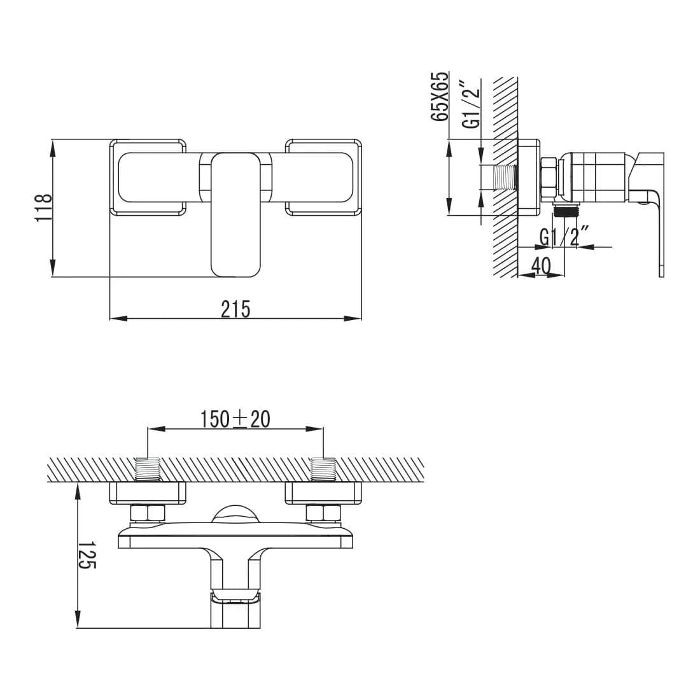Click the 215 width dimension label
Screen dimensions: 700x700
235,309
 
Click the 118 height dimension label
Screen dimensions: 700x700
43,207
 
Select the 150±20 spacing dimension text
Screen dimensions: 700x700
235,419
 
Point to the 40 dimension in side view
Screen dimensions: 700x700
542,267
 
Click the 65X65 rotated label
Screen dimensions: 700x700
439,96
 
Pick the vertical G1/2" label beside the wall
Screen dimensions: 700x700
472,104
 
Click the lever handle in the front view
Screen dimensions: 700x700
235,214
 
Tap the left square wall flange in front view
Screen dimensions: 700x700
148,178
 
